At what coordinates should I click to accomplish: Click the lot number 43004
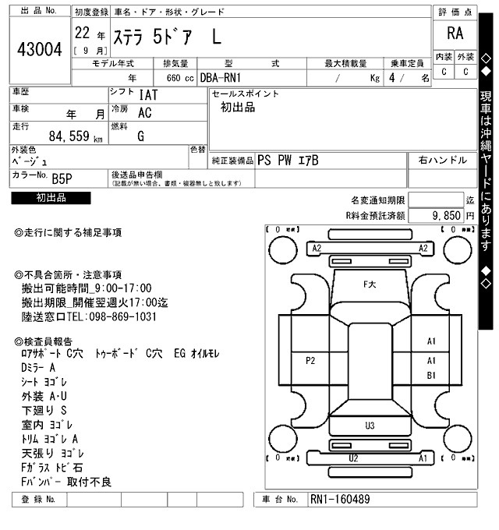39,50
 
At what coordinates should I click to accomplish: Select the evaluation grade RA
455,34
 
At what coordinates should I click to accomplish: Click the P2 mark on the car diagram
310,360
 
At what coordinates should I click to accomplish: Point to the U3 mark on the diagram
370,425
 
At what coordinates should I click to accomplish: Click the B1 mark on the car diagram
430,375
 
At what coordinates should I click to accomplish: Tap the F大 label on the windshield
370,285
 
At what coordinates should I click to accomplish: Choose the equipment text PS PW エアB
288,161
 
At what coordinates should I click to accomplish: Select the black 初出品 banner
51,198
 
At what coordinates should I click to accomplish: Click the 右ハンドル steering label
443,161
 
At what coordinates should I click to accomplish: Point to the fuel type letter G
140,136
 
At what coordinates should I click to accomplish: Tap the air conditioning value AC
144,113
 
